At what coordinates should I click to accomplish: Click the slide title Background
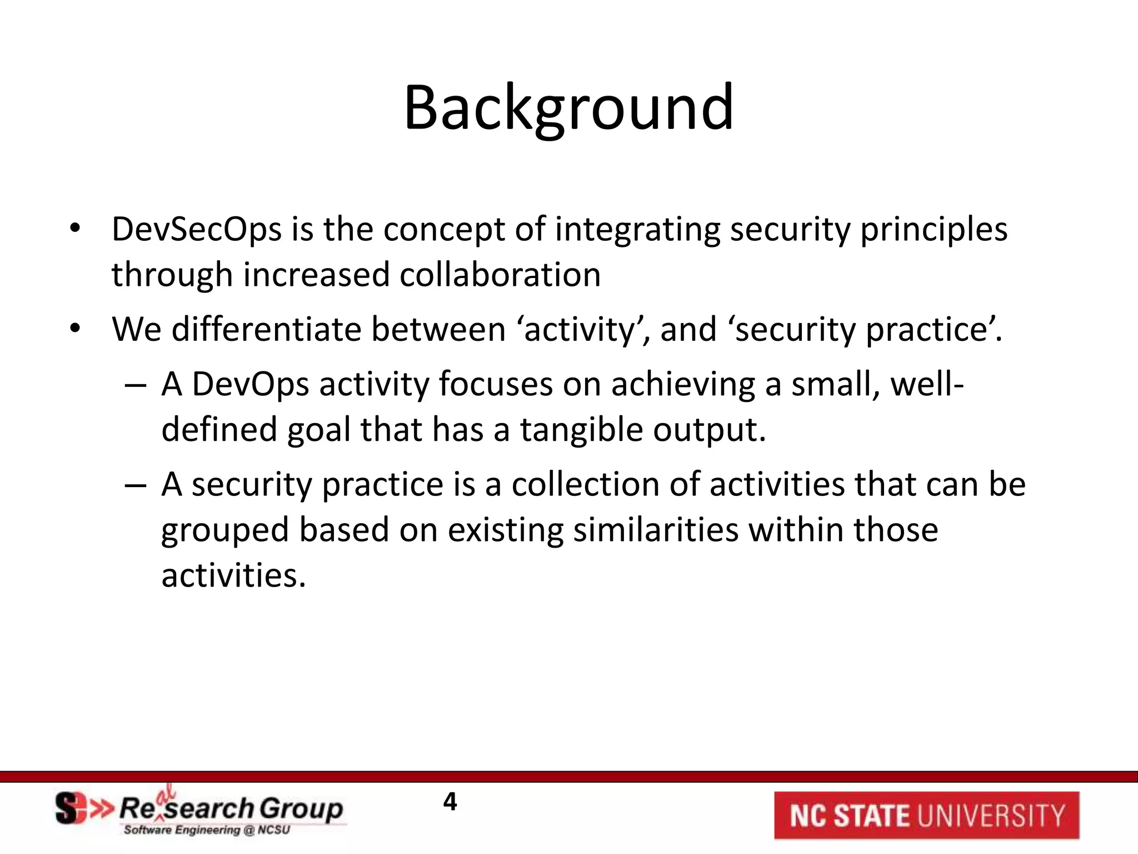click(568, 108)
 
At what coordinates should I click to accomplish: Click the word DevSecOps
click(197, 230)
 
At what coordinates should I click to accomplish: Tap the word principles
click(934, 230)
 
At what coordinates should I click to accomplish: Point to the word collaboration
click(500, 275)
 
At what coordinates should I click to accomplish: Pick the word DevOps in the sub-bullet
click(250, 384)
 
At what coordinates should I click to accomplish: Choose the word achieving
click(683, 384)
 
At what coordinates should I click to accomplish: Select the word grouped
click(225, 530)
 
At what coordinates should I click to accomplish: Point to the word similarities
click(656, 530)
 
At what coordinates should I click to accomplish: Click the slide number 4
click(450, 802)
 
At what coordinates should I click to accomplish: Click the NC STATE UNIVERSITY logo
click(926, 815)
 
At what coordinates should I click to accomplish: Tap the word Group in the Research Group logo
click(301, 809)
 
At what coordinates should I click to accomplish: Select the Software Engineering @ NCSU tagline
click(207, 830)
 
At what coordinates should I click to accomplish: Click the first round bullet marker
click(75, 229)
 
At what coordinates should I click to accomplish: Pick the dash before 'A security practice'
click(135, 485)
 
